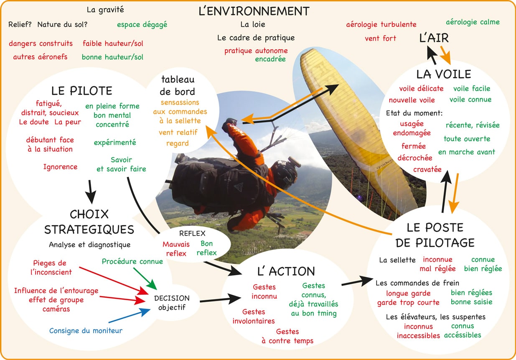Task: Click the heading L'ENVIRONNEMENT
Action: pos(254,11)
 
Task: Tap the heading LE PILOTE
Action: pos(82,90)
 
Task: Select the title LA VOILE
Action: pos(443,74)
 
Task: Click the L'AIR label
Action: pos(434,38)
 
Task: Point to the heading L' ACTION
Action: pos(286,271)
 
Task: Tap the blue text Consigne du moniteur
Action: pos(86,331)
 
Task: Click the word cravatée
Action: pos(427,169)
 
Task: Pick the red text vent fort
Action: pos(380,38)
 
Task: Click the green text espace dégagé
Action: pos(142,24)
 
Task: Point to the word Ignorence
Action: pos(60,167)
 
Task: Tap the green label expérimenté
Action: pos(115,142)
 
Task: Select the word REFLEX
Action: pos(192,233)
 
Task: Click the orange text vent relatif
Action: pos(178,133)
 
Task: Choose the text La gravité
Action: pos(105,9)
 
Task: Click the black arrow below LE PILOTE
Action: pos(90,191)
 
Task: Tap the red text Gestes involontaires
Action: pos(254,316)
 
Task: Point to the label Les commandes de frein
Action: pos(417,283)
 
